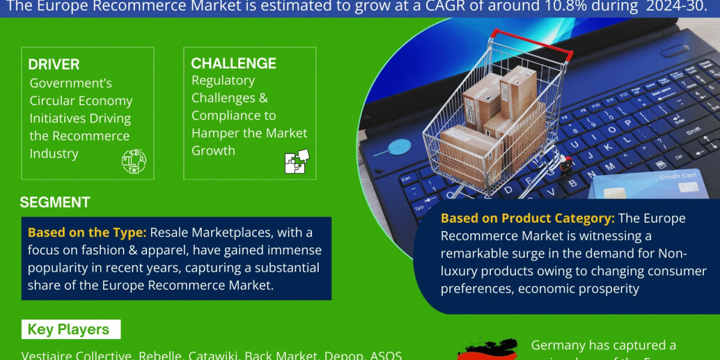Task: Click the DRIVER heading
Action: tap(54, 65)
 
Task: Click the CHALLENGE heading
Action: tap(233, 63)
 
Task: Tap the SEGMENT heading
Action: tap(55, 203)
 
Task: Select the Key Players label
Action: tap(68, 329)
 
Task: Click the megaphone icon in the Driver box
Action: tap(134, 161)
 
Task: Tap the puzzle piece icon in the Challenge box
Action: tap(296, 161)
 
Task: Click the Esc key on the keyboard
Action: tap(406, 179)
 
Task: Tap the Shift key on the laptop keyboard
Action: tap(694, 130)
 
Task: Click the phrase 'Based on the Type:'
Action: tap(87, 232)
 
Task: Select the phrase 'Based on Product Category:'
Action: tap(528, 218)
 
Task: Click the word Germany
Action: tap(557, 346)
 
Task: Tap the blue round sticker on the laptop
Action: tap(400, 146)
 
